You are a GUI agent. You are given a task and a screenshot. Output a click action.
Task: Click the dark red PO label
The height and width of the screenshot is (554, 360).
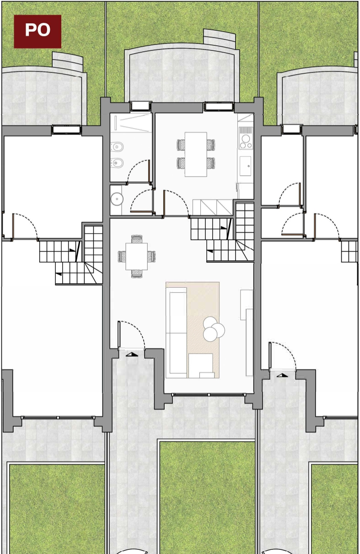coord(38,32)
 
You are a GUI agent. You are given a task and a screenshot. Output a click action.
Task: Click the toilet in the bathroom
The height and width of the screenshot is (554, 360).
coord(117,147)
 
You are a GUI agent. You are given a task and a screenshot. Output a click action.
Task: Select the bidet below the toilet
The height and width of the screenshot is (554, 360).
coord(117,163)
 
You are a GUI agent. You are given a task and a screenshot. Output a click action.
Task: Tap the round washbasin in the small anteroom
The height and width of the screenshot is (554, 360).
coord(117,199)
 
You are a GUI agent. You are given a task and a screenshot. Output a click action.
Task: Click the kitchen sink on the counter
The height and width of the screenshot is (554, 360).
coord(246,166)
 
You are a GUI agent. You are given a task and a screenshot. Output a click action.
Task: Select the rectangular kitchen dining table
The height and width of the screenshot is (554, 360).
coord(196,154)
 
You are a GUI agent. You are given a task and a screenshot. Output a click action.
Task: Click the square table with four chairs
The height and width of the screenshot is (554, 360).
coord(137,257)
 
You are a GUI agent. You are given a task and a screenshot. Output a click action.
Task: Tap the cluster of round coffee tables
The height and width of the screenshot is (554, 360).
coord(213,329)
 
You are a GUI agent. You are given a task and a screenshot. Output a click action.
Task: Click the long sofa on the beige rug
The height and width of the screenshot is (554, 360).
coord(176,333)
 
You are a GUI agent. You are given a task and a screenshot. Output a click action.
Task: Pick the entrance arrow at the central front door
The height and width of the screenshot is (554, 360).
coord(132,355)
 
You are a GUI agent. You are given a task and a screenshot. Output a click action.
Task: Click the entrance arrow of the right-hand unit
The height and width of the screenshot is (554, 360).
coord(282,375)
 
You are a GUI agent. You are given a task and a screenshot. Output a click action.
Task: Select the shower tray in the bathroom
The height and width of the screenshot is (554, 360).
coord(131,123)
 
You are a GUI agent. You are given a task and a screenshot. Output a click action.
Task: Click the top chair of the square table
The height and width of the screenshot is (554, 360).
coord(137,239)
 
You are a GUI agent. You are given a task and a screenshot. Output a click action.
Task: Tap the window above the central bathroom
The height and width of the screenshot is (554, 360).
coord(140,106)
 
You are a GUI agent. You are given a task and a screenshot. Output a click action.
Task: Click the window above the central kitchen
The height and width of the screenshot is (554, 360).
coord(219,106)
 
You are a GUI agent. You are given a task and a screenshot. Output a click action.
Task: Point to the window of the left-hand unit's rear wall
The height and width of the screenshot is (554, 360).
coord(66,129)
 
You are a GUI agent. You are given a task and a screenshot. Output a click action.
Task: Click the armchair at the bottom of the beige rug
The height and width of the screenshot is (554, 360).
coord(200,366)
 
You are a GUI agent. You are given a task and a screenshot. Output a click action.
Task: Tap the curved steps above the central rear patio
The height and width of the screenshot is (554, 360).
coord(219,38)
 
